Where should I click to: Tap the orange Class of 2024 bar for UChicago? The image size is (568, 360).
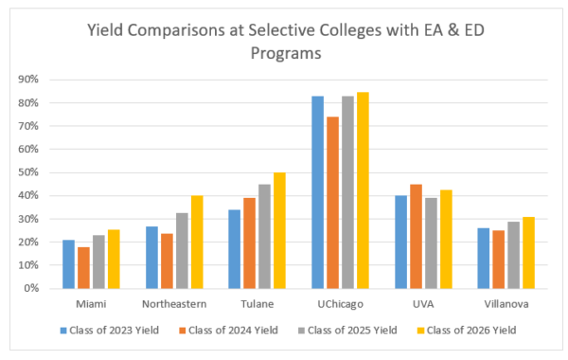[333, 203]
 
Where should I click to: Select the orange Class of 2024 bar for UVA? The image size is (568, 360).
[416, 236]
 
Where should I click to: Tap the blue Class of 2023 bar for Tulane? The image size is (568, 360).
[235, 249]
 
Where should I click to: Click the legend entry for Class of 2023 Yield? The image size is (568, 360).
[107, 330]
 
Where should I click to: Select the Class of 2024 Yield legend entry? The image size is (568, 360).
[223, 330]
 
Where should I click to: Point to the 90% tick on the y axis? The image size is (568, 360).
[27, 80]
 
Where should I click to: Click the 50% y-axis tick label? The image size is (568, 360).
[27, 172]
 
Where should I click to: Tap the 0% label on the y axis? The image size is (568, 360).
[29, 288]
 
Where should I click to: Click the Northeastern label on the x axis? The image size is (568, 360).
[173, 304]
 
